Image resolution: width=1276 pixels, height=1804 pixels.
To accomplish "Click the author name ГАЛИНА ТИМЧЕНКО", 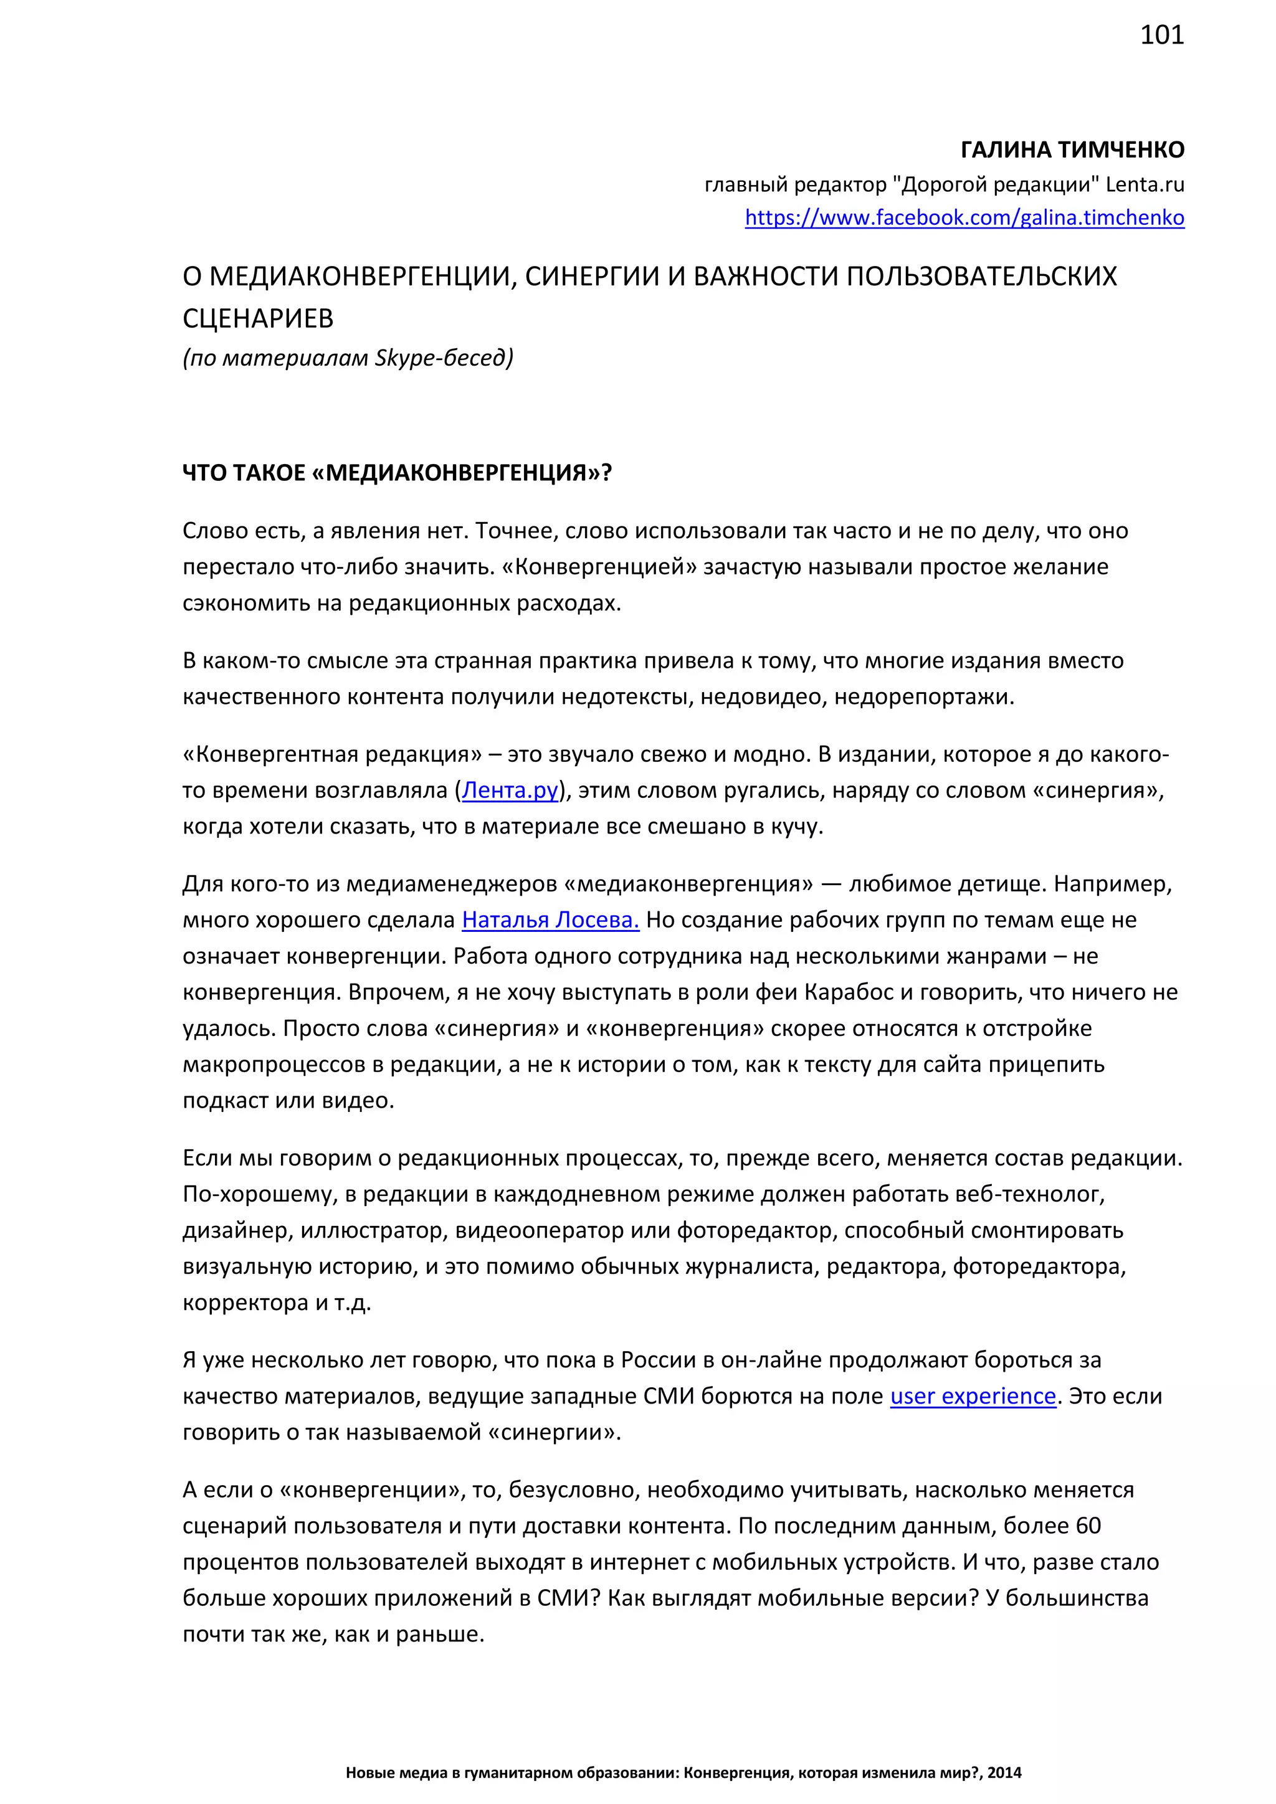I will pos(1072,150).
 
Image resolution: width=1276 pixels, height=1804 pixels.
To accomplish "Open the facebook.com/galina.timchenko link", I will pos(964,217).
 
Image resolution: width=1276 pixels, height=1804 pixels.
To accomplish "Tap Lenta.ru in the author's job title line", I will pos(1144,184).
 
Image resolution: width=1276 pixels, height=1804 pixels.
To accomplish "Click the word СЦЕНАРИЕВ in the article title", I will pos(258,318).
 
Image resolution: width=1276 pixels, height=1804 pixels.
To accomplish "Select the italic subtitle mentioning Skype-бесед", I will pos(347,358).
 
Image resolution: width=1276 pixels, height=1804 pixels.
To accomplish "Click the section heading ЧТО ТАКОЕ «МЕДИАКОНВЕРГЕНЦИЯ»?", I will pos(397,473).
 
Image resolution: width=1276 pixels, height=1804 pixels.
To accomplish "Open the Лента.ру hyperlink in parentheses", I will pos(510,790).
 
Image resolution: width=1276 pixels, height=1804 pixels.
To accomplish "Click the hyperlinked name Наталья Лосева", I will pos(550,919).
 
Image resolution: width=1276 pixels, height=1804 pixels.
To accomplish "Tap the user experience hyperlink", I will pos(973,1395).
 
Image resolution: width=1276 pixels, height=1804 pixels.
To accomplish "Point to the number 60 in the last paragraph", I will pos(1088,1525).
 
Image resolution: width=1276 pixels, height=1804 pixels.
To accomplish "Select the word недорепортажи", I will pos(923,697).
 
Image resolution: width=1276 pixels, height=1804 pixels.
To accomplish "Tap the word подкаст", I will pos(226,1100).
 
